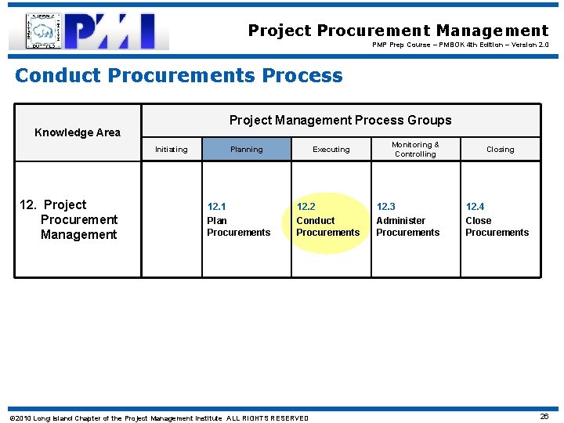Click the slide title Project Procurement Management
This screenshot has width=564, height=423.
click(398, 31)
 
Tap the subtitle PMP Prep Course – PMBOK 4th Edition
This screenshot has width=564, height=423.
click(460, 45)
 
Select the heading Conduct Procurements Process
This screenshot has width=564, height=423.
click(179, 75)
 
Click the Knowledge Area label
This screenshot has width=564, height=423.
click(78, 132)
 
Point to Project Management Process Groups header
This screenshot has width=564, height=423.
click(340, 120)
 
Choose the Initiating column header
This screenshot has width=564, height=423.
click(171, 150)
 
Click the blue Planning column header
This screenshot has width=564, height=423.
click(247, 150)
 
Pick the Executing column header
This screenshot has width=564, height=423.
click(331, 150)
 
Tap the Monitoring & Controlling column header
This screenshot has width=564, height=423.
click(415, 149)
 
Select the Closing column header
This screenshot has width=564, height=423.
click(500, 150)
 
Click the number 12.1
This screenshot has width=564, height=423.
click(216, 207)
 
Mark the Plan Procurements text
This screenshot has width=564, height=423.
click(238, 226)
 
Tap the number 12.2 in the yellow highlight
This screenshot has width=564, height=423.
click(305, 207)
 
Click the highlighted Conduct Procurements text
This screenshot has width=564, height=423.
click(327, 226)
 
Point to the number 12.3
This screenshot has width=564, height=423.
click(385, 207)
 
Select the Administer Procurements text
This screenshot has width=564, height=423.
click(407, 226)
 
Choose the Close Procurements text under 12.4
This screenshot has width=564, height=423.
click(497, 226)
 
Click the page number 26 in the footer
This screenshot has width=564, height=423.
click(544, 417)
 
